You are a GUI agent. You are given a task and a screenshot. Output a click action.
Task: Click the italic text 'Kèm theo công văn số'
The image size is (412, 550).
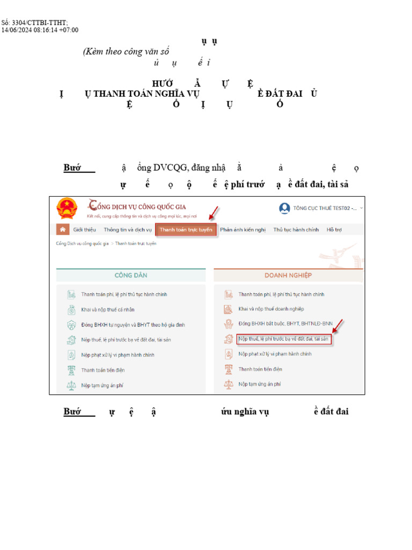point(126,52)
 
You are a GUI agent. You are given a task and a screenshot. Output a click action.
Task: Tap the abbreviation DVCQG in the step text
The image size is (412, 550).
point(172,168)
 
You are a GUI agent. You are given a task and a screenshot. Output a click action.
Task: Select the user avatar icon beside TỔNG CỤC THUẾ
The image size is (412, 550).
point(284,208)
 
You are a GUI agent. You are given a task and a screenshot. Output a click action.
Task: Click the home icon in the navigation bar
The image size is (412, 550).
point(63,230)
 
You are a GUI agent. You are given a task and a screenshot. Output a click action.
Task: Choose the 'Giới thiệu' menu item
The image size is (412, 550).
point(84,230)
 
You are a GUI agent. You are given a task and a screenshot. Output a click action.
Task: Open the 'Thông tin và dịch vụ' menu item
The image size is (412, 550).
point(128,230)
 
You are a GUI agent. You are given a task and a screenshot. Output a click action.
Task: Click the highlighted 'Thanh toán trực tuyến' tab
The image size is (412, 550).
point(186,230)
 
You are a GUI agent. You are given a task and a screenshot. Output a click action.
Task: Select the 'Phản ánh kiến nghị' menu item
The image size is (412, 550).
point(242,230)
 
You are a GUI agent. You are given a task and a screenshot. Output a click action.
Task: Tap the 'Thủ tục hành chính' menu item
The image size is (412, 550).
point(296,230)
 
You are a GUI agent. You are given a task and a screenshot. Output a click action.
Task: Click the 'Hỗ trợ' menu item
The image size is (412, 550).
point(334,230)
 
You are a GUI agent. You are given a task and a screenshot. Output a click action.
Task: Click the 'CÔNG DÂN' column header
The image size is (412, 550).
point(131,276)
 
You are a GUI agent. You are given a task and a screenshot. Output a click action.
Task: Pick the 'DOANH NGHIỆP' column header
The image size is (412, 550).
point(288,276)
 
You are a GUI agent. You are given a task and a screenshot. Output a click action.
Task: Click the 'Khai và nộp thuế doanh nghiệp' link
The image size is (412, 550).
point(271,309)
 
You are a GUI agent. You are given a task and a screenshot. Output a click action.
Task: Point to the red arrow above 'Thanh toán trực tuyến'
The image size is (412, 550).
point(213,214)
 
